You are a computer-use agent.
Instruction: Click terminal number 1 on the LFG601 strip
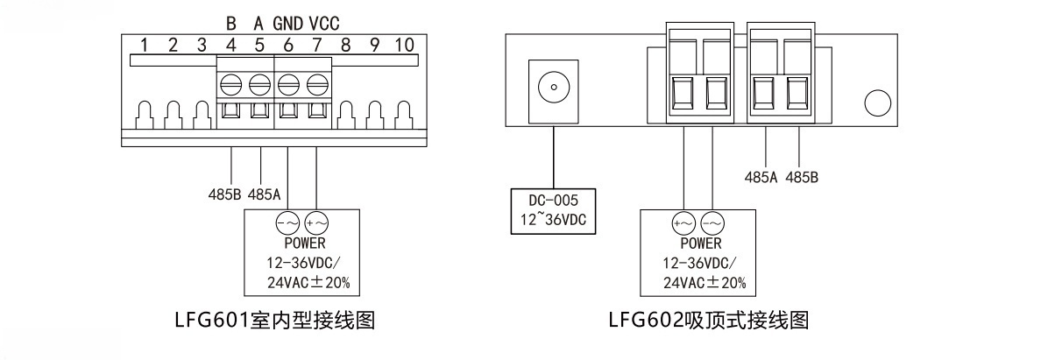145,45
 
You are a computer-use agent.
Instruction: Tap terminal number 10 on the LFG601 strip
403,45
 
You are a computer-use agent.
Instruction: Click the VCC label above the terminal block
324,23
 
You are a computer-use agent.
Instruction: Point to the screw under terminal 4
232,85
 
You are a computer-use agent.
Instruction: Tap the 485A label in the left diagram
264,194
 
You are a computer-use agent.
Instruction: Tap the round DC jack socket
553,88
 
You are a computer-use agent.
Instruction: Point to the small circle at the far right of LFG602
877,102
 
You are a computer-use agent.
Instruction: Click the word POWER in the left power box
304,244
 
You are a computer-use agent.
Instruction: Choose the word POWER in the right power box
701,244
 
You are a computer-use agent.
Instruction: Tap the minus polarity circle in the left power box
287,222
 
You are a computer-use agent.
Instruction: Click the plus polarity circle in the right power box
683,222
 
